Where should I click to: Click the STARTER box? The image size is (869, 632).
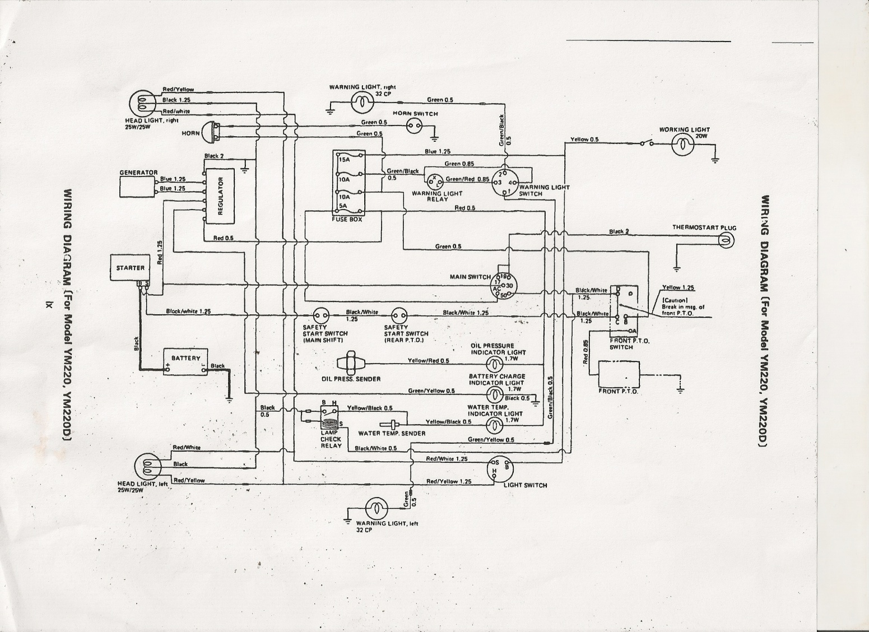coord(131,268)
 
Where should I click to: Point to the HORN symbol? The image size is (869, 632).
coord(210,132)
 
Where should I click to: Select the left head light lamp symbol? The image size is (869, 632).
coord(146,464)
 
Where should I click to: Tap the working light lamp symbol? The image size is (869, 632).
coord(682,145)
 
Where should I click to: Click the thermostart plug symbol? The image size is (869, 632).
coord(727,240)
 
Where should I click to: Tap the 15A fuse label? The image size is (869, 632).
coord(343,159)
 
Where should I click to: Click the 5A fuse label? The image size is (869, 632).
coord(342,206)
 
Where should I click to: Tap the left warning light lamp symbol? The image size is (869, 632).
coord(377,509)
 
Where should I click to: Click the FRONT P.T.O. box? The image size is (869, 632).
coord(619,375)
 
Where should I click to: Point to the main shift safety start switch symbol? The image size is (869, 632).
coord(321,317)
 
